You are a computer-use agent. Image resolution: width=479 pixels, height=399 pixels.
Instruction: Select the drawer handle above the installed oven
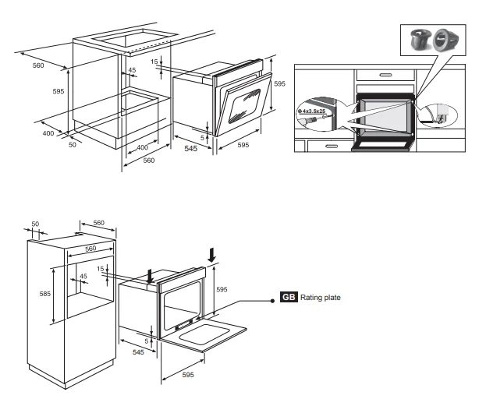tap(385, 75)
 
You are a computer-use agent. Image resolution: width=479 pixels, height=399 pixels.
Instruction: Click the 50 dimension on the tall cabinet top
tap(34, 224)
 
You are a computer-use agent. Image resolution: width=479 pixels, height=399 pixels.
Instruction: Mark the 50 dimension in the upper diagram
tap(73, 145)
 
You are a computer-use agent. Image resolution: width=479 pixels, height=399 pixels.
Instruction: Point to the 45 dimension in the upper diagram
tap(132, 71)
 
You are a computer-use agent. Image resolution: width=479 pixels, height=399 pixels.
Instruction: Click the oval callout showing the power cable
tap(432, 115)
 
